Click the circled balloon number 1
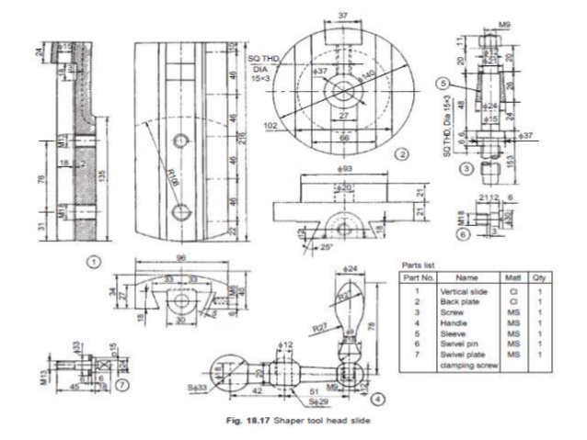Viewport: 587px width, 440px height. [93, 261]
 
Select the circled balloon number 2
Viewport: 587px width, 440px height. [401, 155]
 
